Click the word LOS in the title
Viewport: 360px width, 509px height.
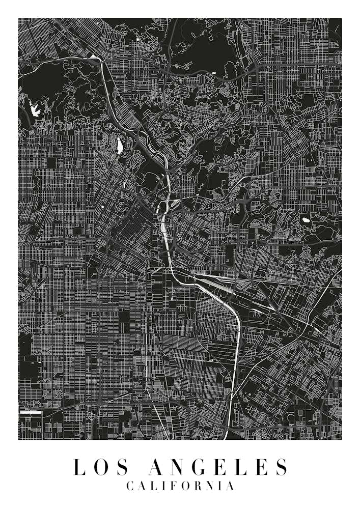[x=97, y=467]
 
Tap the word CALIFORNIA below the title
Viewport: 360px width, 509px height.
[x=180, y=486]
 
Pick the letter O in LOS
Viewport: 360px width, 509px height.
[x=98, y=467]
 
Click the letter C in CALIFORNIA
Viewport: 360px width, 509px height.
[x=129, y=486]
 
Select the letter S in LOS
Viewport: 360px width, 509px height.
[x=118, y=467]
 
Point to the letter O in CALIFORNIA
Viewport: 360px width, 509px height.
[x=186, y=486]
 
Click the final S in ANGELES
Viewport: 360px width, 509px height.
[x=282, y=467]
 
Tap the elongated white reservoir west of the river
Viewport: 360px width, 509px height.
[x=120, y=147]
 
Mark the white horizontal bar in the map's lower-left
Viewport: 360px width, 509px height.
[x=30, y=412]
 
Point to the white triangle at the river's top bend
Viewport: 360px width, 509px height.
[x=96, y=58]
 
